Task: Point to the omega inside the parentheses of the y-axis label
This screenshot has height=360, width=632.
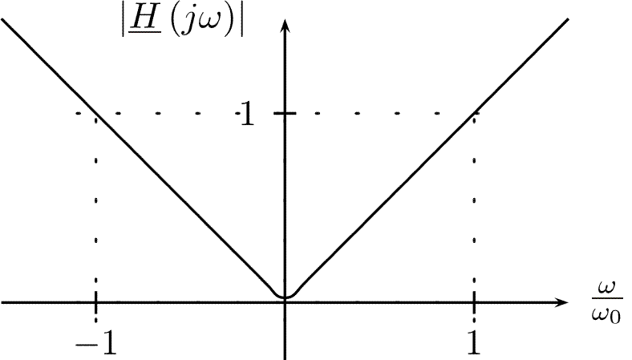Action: click(x=209, y=25)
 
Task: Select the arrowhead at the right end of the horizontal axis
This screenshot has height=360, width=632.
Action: click(x=561, y=302)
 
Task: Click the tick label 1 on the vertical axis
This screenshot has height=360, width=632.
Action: click(x=247, y=114)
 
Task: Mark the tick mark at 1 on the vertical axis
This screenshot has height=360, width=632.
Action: click(x=285, y=113)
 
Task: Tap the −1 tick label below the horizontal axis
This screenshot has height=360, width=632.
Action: click(x=96, y=343)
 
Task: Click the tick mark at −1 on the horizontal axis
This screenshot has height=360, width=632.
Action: click(x=96, y=302)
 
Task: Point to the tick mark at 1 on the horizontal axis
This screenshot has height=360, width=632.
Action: click(x=474, y=302)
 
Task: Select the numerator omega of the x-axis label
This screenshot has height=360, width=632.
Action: click(x=607, y=287)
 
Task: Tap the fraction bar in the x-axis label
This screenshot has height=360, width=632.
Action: click(x=607, y=299)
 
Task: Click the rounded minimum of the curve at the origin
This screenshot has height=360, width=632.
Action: click(x=286, y=297)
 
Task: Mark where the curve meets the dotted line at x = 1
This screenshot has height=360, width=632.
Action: click(x=474, y=113)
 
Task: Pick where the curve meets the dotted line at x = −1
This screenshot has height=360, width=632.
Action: click(x=96, y=113)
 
